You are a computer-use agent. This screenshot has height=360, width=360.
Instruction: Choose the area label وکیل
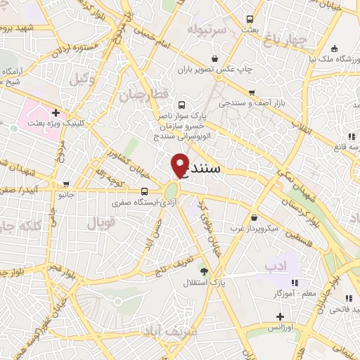(82, 79)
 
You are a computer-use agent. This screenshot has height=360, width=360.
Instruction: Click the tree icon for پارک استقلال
(205, 271)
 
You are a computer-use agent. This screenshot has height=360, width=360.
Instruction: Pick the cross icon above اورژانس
(280, 316)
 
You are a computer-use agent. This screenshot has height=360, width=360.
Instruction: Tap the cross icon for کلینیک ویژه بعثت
(55, 112)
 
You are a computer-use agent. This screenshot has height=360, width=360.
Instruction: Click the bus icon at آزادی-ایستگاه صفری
(144, 191)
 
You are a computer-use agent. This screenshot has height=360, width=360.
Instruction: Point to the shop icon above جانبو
(65, 182)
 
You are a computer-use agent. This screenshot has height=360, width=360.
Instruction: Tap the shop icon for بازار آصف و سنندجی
(251, 92)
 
